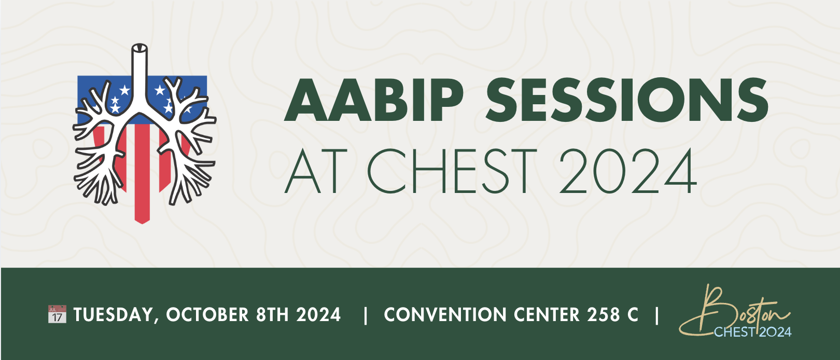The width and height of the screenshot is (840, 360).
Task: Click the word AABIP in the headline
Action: coord(374,100)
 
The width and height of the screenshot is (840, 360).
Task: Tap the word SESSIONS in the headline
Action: coord(627,100)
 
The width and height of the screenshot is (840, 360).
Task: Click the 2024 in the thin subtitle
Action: coord(628,171)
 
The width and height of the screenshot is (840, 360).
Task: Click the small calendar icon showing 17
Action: coord(57,314)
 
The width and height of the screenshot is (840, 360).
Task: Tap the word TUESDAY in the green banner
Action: coord(114,315)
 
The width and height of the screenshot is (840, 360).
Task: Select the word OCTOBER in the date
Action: coord(207,315)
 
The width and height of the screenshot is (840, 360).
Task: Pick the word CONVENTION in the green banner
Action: coord(445,315)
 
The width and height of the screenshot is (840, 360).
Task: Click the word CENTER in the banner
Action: coord(547,315)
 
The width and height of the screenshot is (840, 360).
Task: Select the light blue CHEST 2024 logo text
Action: coord(752,332)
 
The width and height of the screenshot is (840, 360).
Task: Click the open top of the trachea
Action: coord(139,48)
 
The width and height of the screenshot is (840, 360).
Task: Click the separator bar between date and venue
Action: coord(366,315)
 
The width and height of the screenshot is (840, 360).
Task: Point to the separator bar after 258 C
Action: coord(657,315)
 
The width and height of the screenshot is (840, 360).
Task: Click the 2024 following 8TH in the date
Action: coord(318,315)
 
